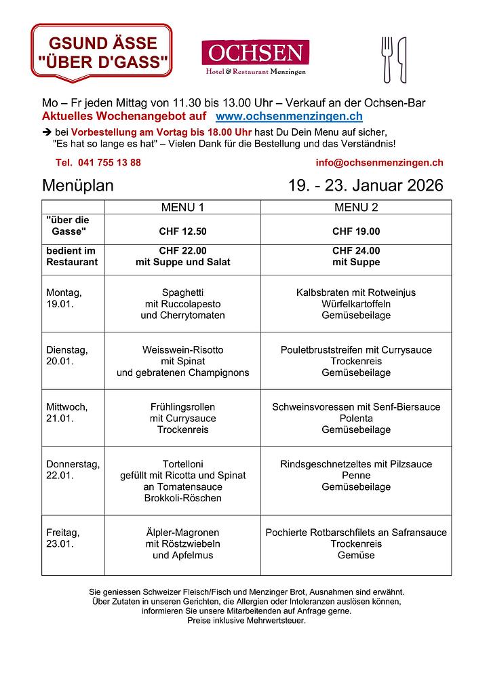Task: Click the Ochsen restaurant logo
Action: point(255,56)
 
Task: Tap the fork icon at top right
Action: point(387,59)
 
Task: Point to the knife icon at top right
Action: point(402,59)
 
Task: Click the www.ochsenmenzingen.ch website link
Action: point(289,117)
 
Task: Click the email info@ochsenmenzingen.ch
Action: point(379,163)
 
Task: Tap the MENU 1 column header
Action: point(182,207)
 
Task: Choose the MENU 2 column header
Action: point(356,207)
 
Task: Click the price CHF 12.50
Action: point(182,231)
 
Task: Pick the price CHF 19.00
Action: point(356,231)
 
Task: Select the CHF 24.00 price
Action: point(356,250)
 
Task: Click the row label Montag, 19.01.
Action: point(64,298)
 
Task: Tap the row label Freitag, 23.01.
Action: point(62,538)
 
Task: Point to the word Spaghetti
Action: point(182,292)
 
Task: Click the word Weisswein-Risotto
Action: point(182,350)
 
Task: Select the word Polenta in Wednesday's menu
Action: point(356,419)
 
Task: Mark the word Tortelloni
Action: point(182,464)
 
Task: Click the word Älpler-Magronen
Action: point(182,533)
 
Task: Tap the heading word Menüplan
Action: point(78,185)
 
